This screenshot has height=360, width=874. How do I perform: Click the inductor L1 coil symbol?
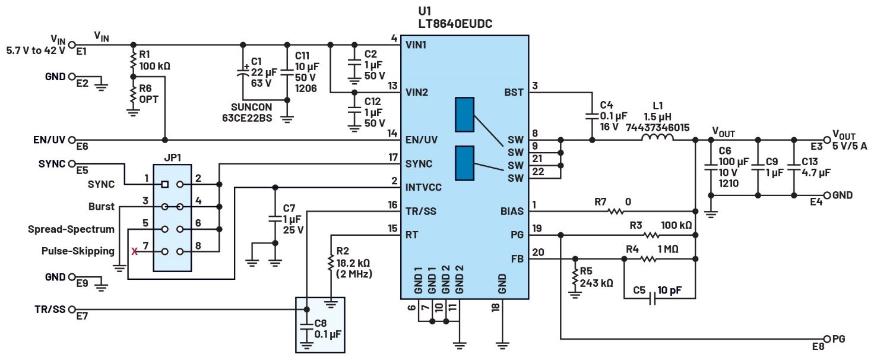point(657,140)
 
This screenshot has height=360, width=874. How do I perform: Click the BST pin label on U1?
point(514,92)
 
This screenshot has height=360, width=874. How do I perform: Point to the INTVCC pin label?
point(423,187)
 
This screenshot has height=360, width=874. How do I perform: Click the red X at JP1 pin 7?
point(134,252)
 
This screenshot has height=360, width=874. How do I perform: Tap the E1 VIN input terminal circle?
point(72,45)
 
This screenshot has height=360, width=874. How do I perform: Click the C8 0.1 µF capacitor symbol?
point(306,326)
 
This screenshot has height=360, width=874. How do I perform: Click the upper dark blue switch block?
point(464,115)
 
